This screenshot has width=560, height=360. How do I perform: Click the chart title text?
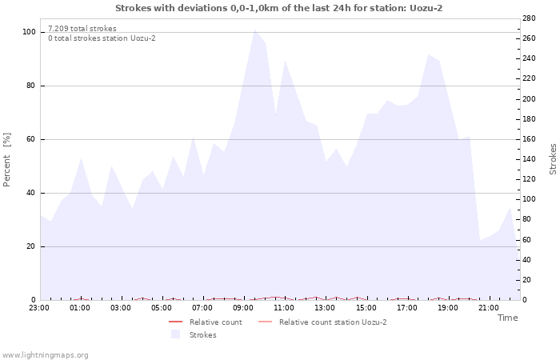278,8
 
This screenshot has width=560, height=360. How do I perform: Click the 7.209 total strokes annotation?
82,29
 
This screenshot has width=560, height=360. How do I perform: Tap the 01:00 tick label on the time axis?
80,307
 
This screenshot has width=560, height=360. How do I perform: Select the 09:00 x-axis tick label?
244,307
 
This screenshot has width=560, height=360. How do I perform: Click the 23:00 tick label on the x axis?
39,307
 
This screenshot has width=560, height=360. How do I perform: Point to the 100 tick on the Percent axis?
29,32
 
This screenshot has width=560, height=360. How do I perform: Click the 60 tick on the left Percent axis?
31,139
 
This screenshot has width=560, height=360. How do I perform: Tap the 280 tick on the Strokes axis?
529,18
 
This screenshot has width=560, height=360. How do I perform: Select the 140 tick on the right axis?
529,159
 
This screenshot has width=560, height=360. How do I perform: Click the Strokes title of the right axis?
553,159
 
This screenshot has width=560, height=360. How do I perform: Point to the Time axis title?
507,318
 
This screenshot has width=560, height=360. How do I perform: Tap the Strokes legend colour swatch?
175,334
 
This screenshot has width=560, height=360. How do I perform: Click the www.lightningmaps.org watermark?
45,355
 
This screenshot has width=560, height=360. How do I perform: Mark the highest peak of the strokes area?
254,30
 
